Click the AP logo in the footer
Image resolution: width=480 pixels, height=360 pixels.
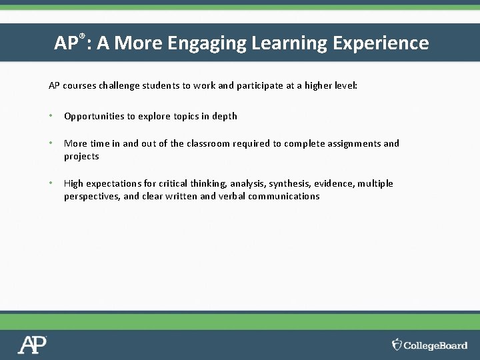click(x=32, y=345)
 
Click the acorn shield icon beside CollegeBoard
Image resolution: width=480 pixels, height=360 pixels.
click(x=397, y=345)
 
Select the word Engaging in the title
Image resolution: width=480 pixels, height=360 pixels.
click(x=207, y=43)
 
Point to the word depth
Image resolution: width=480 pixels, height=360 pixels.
click(x=225, y=116)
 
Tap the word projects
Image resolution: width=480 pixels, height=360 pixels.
click(x=81, y=157)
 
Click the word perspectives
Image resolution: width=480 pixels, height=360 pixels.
click(x=91, y=197)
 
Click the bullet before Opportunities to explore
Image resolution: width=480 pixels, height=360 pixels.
click(x=51, y=116)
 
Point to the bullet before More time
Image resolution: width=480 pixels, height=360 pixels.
click(x=51, y=143)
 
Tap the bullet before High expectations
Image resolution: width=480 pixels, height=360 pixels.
click(x=51, y=183)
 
